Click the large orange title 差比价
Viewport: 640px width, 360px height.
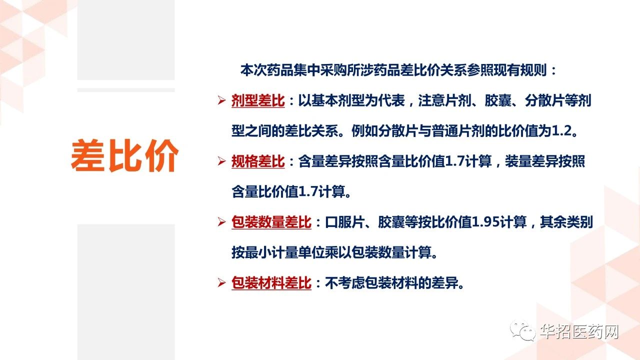(124, 155)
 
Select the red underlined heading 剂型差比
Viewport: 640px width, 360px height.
(258, 101)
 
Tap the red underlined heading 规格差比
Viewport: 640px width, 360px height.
(258, 161)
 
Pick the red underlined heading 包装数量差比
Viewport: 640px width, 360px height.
(271, 222)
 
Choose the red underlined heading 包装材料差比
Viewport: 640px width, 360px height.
(271, 283)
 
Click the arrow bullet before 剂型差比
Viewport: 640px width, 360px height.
(221, 100)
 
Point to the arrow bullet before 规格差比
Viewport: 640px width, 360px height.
(221, 161)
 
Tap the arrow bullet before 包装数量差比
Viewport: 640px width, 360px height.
(221, 221)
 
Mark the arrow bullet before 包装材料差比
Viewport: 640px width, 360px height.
(221, 282)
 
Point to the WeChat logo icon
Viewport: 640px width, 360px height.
(523, 330)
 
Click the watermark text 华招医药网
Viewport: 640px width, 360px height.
(579, 331)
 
